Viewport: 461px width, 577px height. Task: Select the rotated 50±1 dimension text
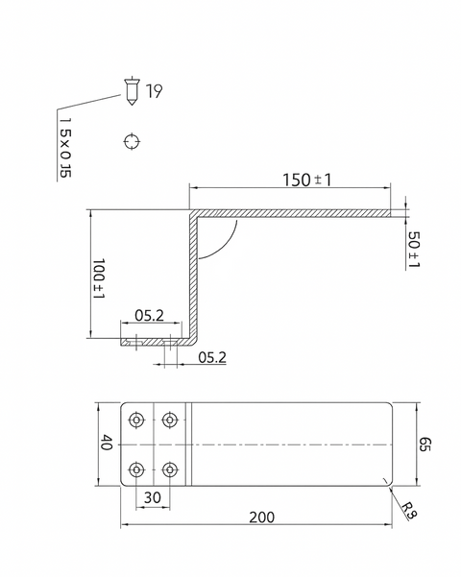414,250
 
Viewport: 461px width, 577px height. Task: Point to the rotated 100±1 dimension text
98,278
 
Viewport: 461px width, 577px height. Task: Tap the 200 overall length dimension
260,517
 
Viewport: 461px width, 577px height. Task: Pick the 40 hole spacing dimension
107,444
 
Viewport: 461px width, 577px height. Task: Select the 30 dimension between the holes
153,496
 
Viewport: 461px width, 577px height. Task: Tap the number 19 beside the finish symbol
154,91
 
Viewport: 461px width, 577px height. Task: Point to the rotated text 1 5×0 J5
65,145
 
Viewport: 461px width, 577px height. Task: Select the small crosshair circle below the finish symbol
132,142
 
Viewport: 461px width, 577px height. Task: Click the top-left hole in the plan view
137,420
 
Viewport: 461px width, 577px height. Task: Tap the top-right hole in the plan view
170,420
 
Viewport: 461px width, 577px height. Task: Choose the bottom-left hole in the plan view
137,469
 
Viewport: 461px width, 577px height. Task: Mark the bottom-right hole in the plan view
170,469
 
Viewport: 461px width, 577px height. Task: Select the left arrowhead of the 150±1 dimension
192,189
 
